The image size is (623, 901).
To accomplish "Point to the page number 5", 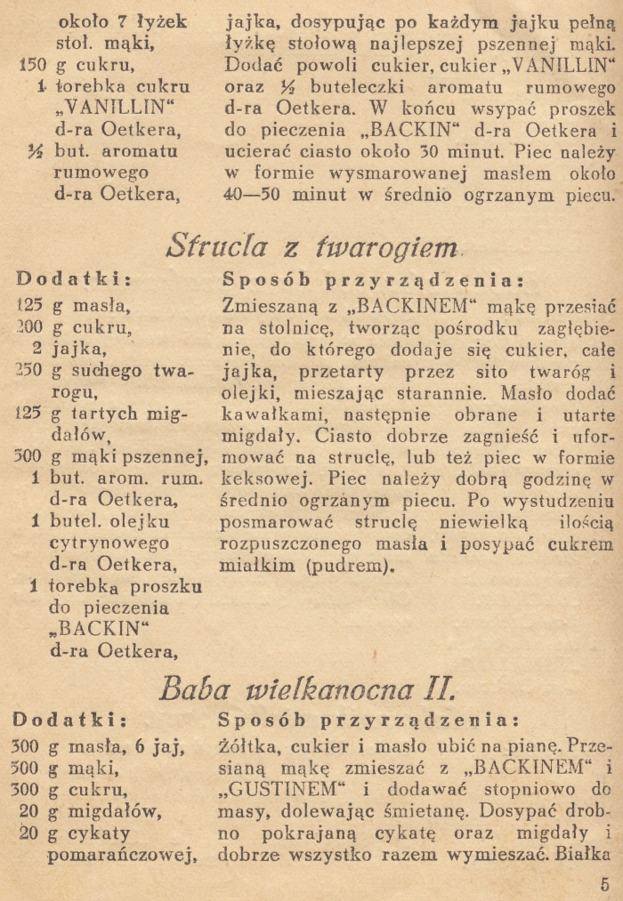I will [604, 883].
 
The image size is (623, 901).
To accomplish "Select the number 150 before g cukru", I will [31, 65].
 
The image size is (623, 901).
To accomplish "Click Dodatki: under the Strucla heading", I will [74, 279].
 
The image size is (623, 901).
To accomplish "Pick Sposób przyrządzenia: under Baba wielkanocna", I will [365, 719].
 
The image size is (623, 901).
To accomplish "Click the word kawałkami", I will [265, 415].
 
